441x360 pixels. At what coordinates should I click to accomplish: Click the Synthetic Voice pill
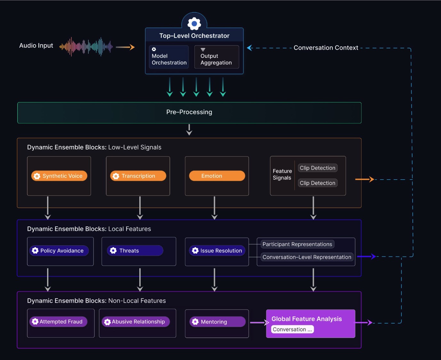tap(59, 176)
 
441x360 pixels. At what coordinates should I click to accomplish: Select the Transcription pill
tap(138, 176)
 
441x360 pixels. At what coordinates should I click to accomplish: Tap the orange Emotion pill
tap(217, 176)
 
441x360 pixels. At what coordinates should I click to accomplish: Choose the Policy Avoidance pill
tap(59, 250)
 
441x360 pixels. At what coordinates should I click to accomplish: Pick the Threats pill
tap(135, 250)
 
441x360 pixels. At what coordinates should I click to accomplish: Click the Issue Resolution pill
tap(217, 250)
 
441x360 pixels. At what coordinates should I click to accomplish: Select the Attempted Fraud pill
tap(58, 322)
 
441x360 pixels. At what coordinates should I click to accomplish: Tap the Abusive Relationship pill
tap(136, 322)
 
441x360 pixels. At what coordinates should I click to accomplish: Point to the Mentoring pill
tap(217, 322)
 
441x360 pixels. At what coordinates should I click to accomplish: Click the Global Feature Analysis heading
tap(306, 319)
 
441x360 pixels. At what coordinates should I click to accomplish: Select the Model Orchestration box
tap(169, 57)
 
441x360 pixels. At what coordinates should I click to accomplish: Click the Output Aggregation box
tap(216, 57)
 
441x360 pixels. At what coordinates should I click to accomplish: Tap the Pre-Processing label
tap(189, 112)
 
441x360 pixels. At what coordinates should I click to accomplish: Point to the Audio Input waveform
tap(86, 47)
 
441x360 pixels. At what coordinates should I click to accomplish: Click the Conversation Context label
tap(326, 48)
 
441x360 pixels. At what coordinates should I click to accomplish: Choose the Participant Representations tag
tap(297, 244)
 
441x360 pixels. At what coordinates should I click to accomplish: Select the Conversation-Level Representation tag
tap(307, 257)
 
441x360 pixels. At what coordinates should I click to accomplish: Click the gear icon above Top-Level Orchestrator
tap(194, 23)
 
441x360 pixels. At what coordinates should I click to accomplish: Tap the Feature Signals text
tap(282, 174)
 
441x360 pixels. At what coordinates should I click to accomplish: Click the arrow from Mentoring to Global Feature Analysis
tap(259, 323)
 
